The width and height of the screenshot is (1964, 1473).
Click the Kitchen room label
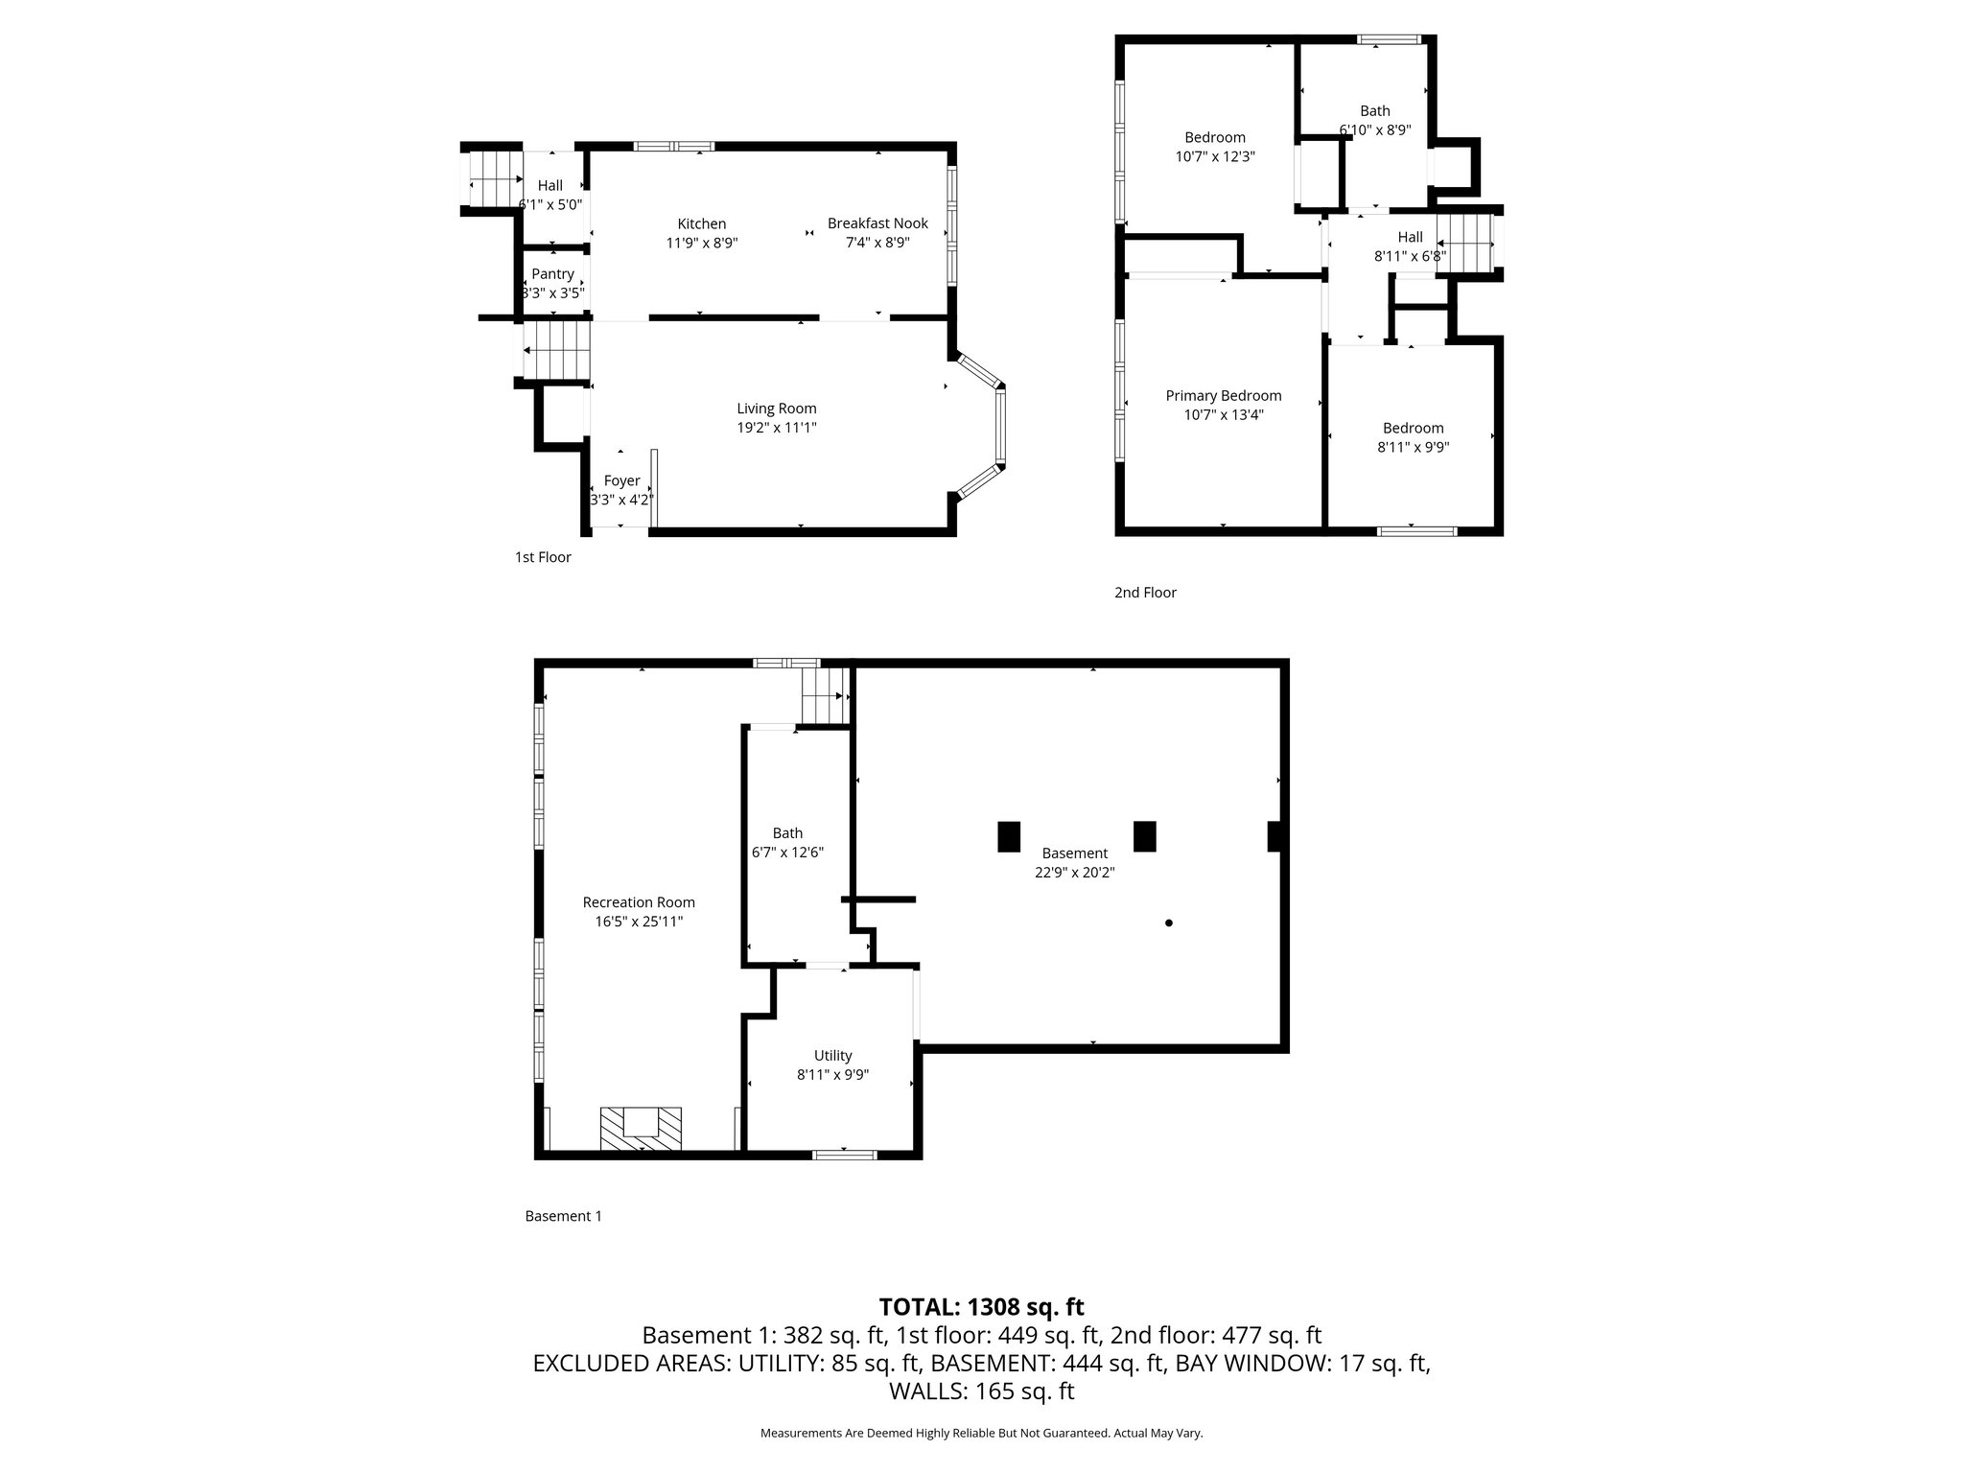[x=701, y=223]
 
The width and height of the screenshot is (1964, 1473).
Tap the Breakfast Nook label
[x=877, y=223]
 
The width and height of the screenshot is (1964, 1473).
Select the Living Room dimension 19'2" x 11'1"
[x=777, y=428]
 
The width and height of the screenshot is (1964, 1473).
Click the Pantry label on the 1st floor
[x=552, y=274]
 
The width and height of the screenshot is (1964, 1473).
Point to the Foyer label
[x=621, y=480]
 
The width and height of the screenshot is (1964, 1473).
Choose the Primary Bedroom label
[x=1223, y=395]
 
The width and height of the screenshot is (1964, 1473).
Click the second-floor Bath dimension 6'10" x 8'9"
[x=1374, y=130]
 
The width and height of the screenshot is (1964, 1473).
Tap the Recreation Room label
[x=639, y=902]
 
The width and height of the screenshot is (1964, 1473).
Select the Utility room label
[x=832, y=1056]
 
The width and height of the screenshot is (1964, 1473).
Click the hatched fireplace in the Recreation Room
[x=641, y=1128]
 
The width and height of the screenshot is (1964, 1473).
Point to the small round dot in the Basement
[x=1168, y=924]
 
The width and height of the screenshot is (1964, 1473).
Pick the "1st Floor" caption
[x=543, y=557]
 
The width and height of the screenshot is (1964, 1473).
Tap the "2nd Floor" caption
[x=1145, y=593]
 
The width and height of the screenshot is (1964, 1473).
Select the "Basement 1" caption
[x=563, y=1216]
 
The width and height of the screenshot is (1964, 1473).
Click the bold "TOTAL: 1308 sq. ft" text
[x=981, y=1306]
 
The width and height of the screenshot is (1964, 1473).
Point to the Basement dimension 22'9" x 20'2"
[x=1074, y=873]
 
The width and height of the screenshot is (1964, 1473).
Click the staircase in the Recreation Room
[x=826, y=696]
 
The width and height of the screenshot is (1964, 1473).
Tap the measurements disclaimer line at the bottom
[x=981, y=1433]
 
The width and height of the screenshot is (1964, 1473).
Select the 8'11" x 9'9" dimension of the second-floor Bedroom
[x=1413, y=447]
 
